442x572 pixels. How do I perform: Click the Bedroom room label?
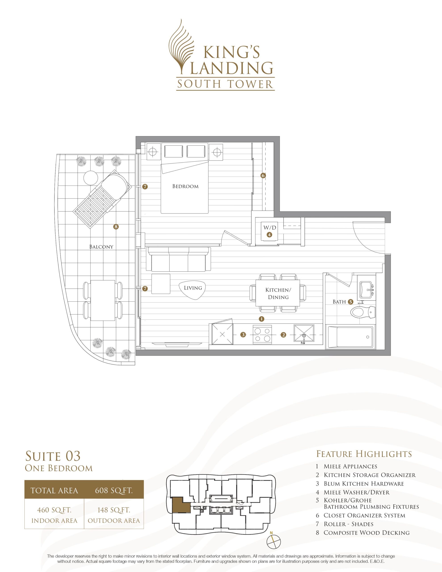[185, 187]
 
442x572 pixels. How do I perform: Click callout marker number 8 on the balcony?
[116, 227]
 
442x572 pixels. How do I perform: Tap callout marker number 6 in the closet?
[263, 176]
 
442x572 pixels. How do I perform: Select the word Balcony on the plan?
[101, 247]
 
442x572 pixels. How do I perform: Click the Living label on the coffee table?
[193, 288]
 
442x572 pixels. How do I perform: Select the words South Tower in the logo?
[225, 84]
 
